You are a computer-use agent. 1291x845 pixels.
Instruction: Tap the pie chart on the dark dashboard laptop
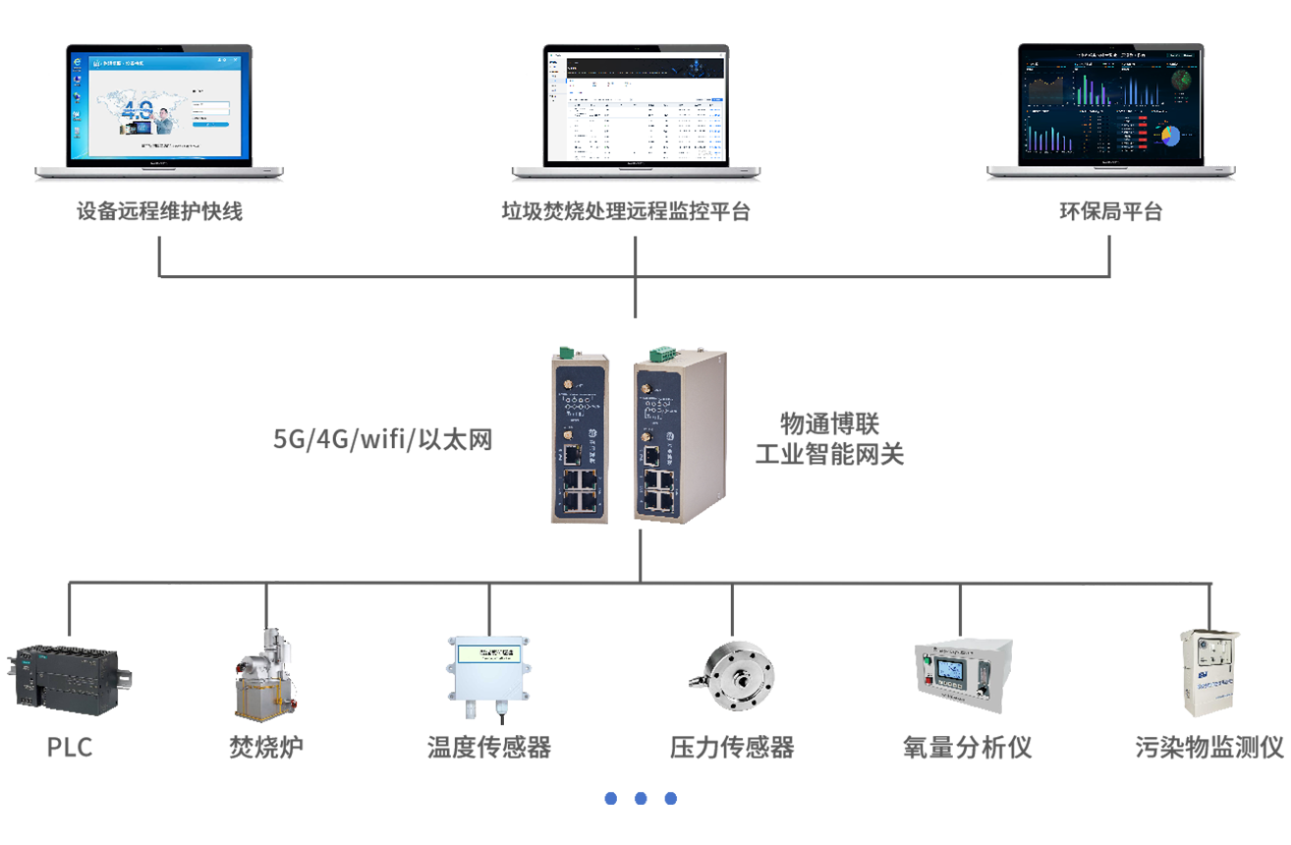tap(1169, 137)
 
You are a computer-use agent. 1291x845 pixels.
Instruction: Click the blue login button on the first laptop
tap(210, 124)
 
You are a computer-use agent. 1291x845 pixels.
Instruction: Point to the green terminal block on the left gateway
tap(565, 352)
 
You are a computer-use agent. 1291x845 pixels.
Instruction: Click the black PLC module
tap(66, 675)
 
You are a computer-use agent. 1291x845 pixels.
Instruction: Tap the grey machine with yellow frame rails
tap(265, 678)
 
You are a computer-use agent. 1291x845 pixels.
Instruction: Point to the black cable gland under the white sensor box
tap(502, 723)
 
